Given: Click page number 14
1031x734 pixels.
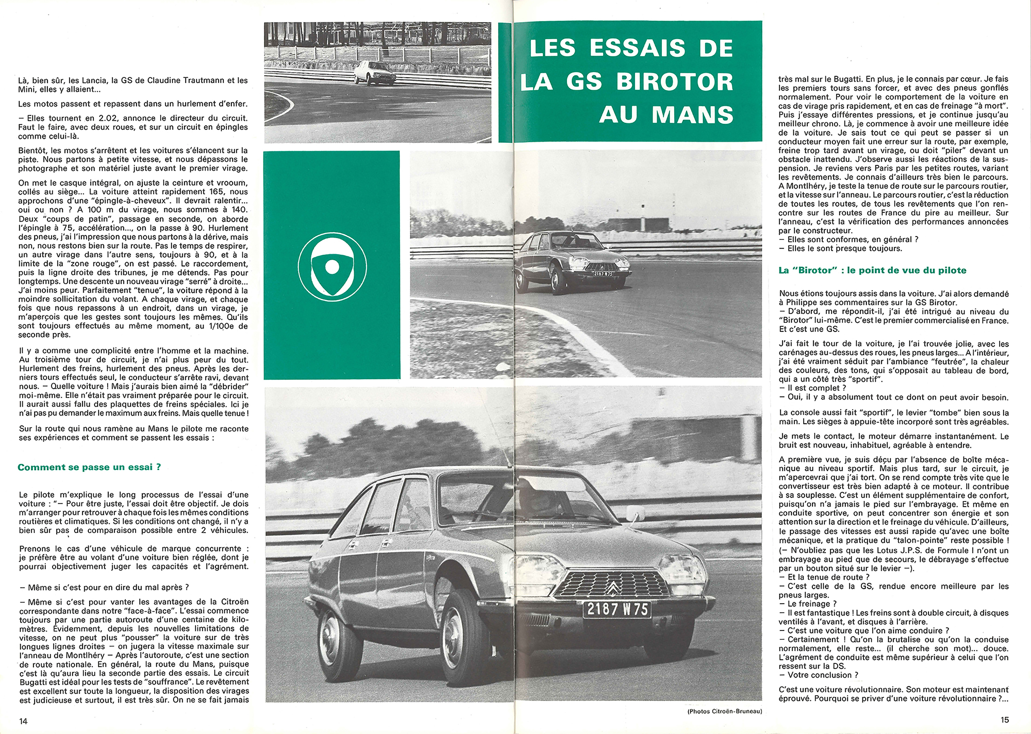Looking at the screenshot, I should click(23, 721).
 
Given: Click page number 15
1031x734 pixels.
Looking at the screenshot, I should click(1004, 720).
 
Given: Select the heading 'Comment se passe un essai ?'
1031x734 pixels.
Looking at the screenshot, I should click(89, 467).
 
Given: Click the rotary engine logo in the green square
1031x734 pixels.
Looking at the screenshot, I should click(332, 266).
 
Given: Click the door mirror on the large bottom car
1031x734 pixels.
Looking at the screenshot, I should click(635, 513).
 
